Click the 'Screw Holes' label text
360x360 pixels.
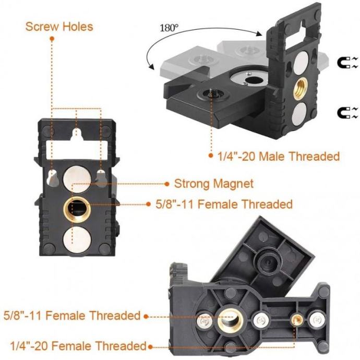coord(59,27)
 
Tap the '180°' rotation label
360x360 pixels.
coord(169,28)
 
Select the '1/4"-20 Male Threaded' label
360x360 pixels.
coord(279,157)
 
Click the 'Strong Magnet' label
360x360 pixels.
coord(214,184)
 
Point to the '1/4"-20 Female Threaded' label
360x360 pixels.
coord(78,346)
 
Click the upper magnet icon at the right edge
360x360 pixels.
coord(347,62)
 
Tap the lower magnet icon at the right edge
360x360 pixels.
coord(347,113)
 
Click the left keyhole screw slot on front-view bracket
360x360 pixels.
coord(52,178)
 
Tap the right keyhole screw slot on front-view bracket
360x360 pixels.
coord(101,178)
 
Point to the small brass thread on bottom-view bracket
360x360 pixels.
coord(296,318)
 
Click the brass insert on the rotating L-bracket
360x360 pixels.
coord(301,88)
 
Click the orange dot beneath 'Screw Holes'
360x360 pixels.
coord(52,39)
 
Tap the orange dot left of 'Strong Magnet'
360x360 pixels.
coord(167,184)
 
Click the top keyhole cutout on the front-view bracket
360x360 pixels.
coord(77,136)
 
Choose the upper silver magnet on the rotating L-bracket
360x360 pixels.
coord(301,63)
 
